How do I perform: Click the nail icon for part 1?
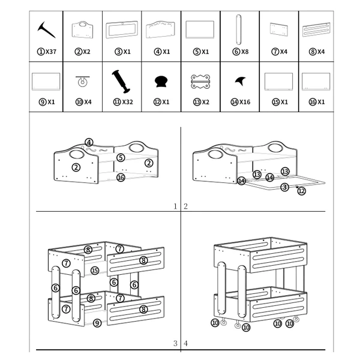(x=46, y=29)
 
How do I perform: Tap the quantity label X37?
(x=51, y=52)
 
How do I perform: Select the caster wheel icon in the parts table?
(x=82, y=81)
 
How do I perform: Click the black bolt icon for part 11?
(x=121, y=82)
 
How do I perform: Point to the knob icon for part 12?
(x=161, y=82)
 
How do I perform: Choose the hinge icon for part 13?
(x=200, y=82)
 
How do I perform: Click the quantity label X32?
(x=127, y=102)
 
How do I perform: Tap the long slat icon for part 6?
(x=239, y=29)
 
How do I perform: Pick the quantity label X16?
(x=245, y=102)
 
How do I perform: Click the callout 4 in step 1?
(x=89, y=142)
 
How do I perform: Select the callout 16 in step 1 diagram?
(x=121, y=177)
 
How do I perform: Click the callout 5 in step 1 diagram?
(x=121, y=157)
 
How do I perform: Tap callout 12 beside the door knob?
(x=301, y=191)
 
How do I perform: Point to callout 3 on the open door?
(x=284, y=187)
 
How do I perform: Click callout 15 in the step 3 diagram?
(x=95, y=271)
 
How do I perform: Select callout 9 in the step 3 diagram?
(x=97, y=323)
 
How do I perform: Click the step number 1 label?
(x=175, y=206)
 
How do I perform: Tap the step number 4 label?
(x=186, y=343)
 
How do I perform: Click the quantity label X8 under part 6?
(x=245, y=52)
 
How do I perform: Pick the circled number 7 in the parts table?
(x=275, y=52)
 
